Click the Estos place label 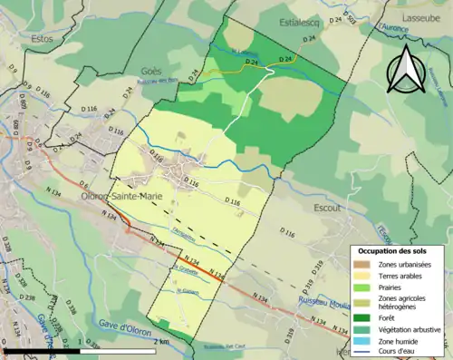(42, 39)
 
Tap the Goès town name (150, 72)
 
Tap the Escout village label (323, 208)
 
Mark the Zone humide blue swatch (364, 342)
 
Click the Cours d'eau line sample (364, 354)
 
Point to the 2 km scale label (160, 341)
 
